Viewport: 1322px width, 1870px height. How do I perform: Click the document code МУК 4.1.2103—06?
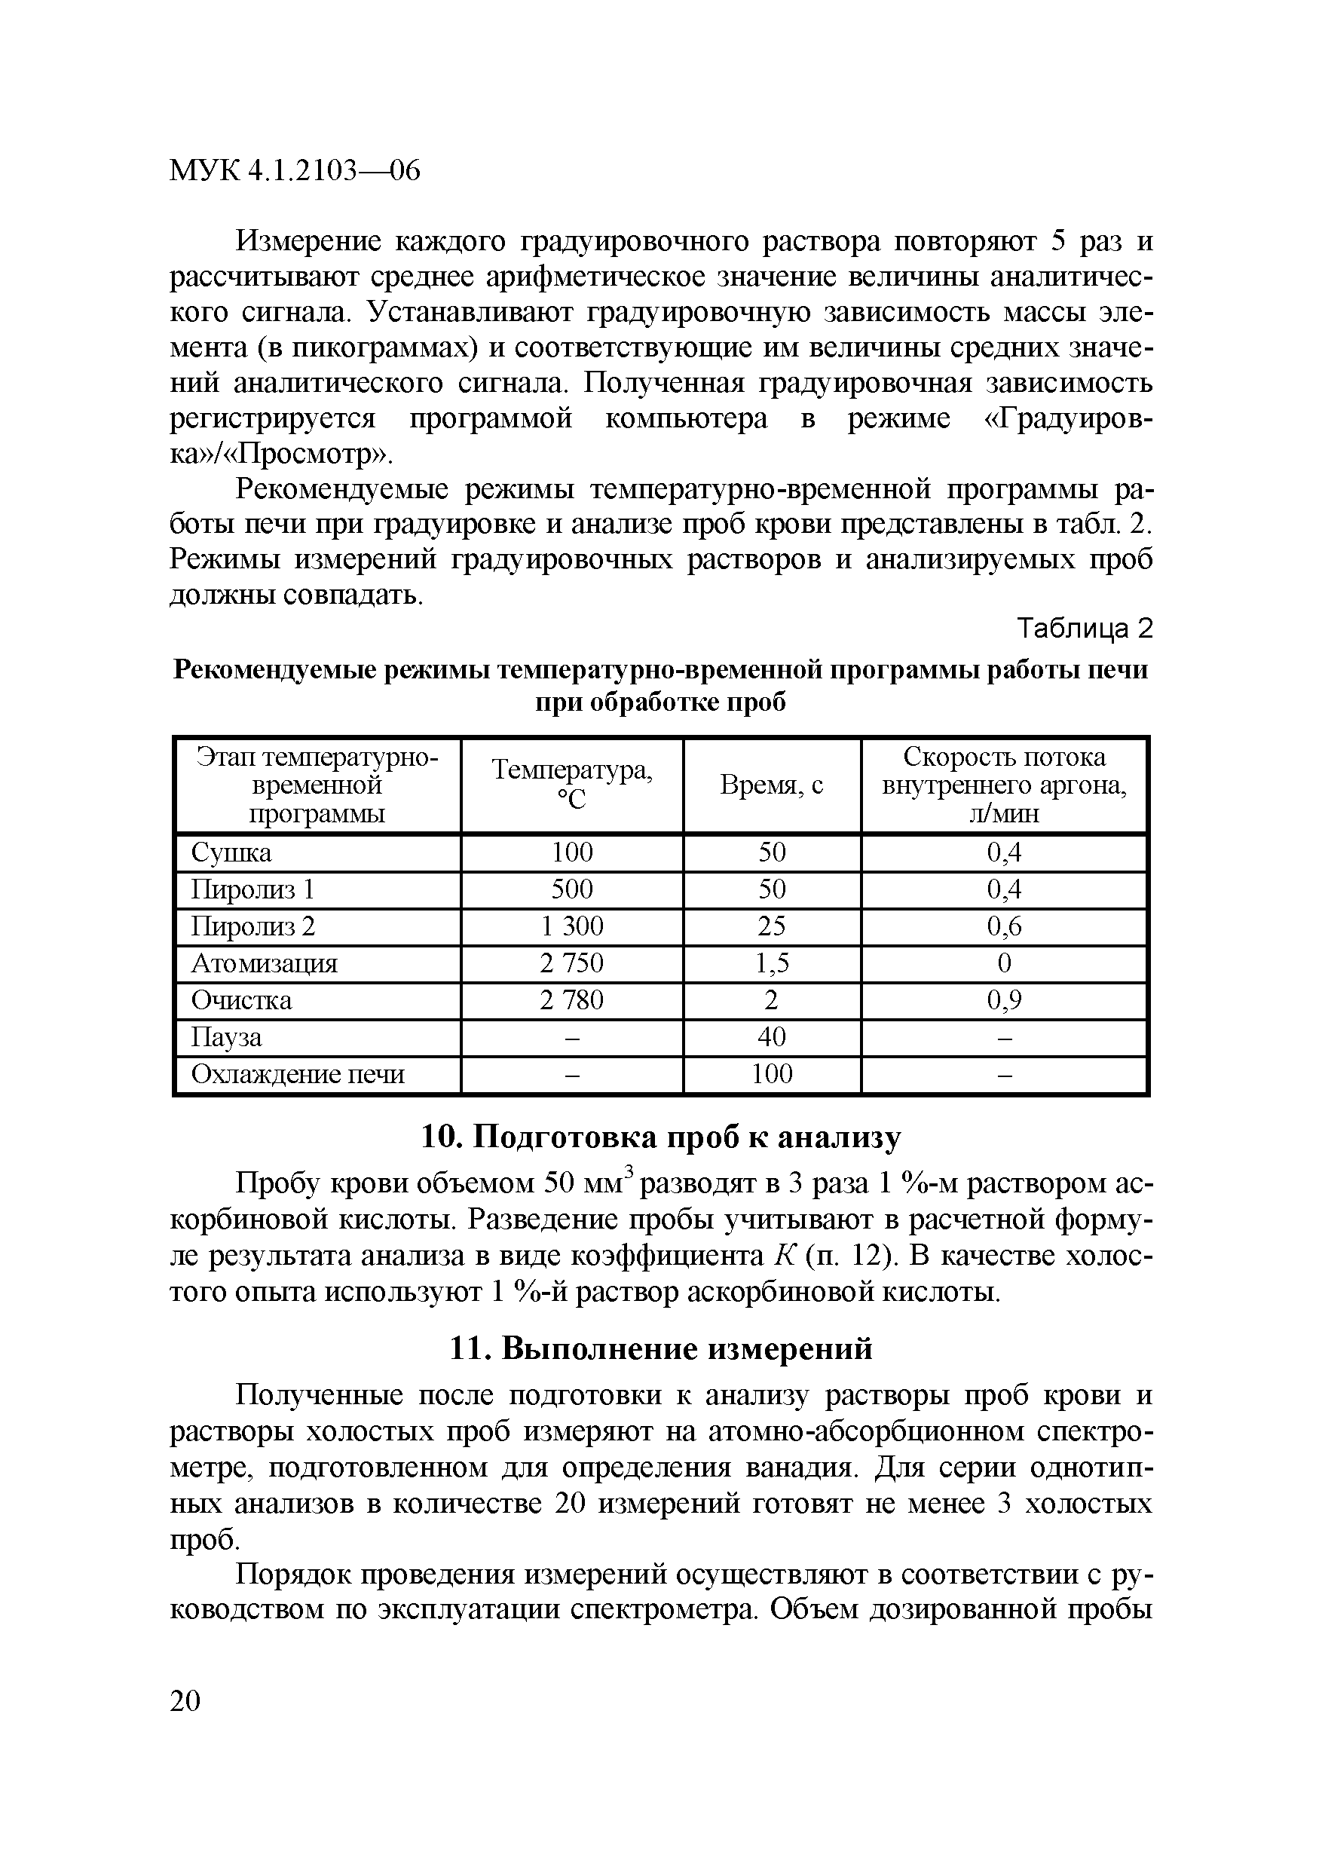pyautogui.click(x=295, y=170)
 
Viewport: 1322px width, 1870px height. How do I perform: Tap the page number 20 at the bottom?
pyautogui.click(x=185, y=1700)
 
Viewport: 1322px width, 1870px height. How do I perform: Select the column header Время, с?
pyautogui.click(x=771, y=785)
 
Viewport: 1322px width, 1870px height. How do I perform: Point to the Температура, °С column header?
pyautogui.click(x=572, y=785)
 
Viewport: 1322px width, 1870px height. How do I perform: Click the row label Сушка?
pyautogui.click(x=231, y=852)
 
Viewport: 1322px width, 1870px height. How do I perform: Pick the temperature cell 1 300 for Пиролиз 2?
pyautogui.click(x=572, y=926)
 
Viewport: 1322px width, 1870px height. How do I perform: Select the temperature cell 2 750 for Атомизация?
pyautogui.click(x=572, y=963)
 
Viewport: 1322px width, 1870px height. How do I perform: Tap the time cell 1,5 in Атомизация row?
pyautogui.click(x=771, y=963)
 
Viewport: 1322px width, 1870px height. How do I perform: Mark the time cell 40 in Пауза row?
pyautogui.click(x=771, y=1037)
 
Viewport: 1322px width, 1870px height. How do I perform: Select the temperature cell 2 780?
pyautogui.click(x=572, y=1000)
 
